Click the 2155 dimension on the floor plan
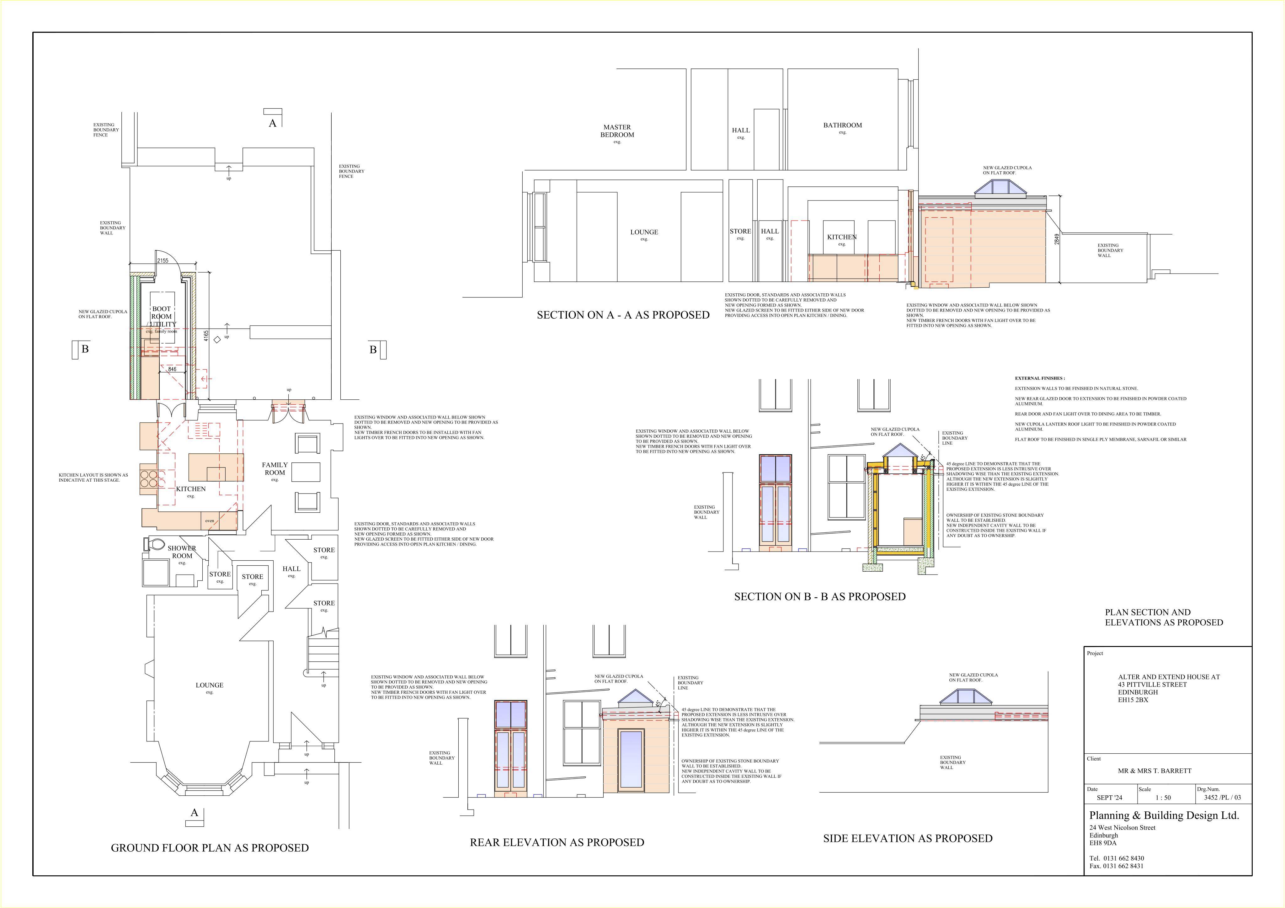163,261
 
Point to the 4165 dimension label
206,336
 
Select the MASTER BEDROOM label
617,131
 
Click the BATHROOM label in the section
842,126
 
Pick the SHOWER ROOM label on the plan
182,552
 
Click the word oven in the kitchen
209,521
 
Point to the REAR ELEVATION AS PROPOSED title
557,842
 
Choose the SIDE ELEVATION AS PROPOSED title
908,839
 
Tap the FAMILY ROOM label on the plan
275,468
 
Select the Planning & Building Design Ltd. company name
1164,816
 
